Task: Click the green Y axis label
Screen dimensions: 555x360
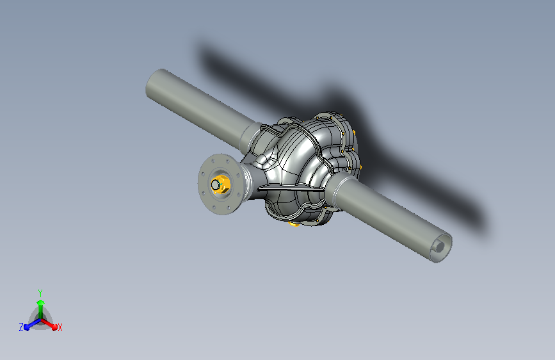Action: pyautogui.click(x=40, y=293)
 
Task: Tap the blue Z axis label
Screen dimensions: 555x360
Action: pyautogui.click(x=21, y=327)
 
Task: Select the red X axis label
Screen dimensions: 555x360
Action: pyautogui.click(x=60, y=327)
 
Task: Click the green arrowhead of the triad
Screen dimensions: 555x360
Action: pyautogui.click(x=41, y=303)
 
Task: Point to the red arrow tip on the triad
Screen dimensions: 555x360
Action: pyautogui.click(x=54, y=327)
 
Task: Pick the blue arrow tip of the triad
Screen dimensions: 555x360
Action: pyautogui.click(x=27, y=327)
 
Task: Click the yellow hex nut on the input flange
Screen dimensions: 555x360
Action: pyautogui.click(x=222, y=184)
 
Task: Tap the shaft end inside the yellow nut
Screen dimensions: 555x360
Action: pyautogui.click(x=215, y=184)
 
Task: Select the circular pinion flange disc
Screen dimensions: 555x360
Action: pyautogui.click(x=220, y=184)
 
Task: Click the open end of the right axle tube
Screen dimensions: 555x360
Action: pyautogui.click(x=441, y=247)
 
